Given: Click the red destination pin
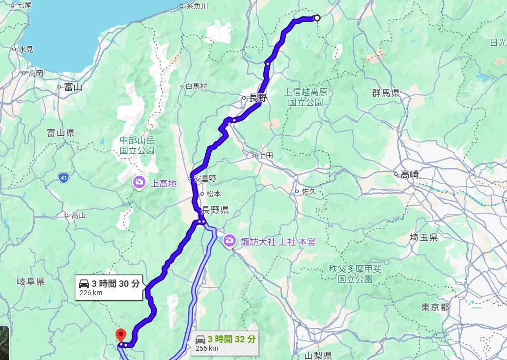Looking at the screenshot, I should click(x=120, y=336).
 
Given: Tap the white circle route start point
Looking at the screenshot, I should click(x=317, y=18).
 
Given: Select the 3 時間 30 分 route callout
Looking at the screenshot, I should click(x=111, y=287).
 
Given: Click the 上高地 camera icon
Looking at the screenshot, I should click(x=139, y=183).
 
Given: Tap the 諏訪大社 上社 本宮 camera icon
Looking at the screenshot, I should click(x=229, y=241).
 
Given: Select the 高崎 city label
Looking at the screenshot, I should click(x=409, y=174).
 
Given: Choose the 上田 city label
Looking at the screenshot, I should click(x=266, y=156).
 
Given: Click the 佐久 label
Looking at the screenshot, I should click(x=309, y=191).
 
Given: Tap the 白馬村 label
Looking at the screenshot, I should click(x=196, y=86).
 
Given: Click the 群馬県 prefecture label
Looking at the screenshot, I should click(x=386, y=93).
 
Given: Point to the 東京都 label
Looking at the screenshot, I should click(x=435, y=307).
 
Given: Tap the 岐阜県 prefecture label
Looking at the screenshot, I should click(x=31, y=281).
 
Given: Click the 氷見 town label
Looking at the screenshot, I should click(x=26, y=49).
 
